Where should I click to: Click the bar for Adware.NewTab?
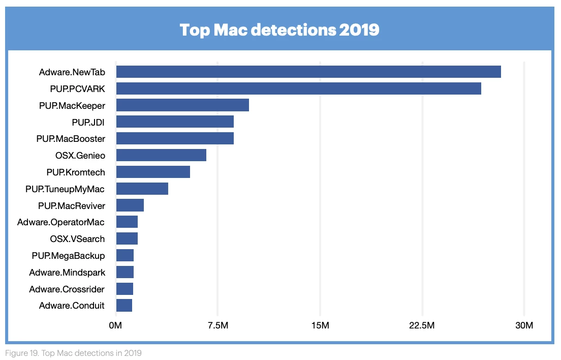tap(308, 72)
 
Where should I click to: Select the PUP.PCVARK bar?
tap(299, 88)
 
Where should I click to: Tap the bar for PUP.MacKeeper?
tap(182, 105)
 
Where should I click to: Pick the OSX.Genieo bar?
tap(161, 155)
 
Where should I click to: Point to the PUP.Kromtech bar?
tap(153, 172)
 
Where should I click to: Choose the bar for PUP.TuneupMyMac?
tap(142, 189)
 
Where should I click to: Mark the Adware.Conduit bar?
tap(124, 305)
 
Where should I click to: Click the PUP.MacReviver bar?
tap(130, 205)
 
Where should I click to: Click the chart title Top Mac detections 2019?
tap(279, 30)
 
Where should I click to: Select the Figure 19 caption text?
tap(73, 353)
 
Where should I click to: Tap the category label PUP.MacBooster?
tap(71, 139)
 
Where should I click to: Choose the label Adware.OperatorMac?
tap(61, 222)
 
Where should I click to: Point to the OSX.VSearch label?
tap(77, 239)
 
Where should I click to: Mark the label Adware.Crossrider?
tap(67, 289)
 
